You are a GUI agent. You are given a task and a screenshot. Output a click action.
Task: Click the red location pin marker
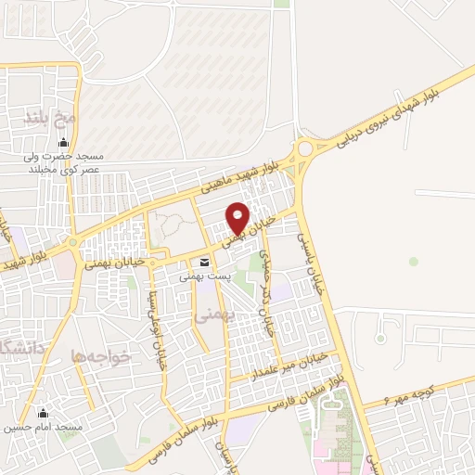[x=238, y=218]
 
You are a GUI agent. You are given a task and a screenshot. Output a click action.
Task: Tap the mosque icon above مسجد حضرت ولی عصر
[x=63, y=142]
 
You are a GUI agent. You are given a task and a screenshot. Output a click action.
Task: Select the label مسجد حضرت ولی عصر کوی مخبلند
[x=63, y=163]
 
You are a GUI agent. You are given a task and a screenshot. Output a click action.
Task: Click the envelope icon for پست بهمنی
[x=204, y=262]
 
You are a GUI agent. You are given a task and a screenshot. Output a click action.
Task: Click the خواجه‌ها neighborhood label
[x=101, y=355]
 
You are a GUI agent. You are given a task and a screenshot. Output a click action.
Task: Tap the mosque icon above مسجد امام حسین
[x=41, y=413]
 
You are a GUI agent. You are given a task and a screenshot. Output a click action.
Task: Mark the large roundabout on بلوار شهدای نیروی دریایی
[x=304, y=148]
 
